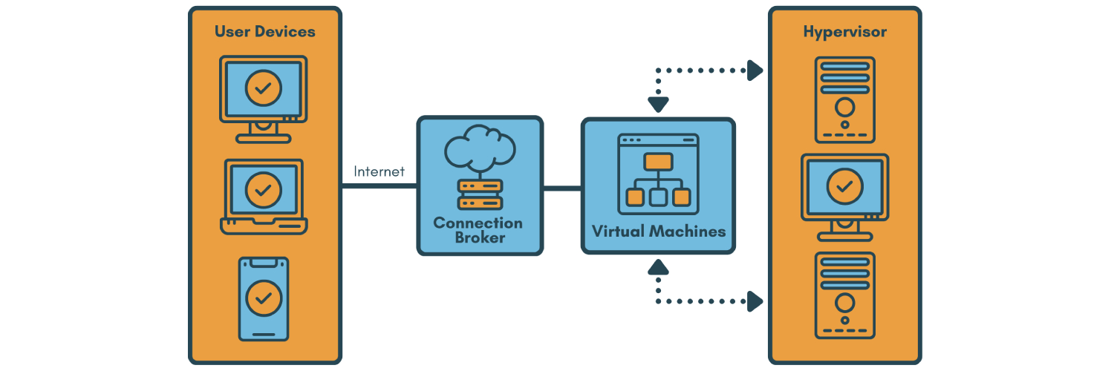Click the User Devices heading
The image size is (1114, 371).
pyautogui.click(x=264, y=32)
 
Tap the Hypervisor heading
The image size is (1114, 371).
pyautogui.click(x=844, y=32)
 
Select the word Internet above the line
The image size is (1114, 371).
pyautogui.click(x=379, y=171)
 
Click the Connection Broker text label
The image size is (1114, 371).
pyautogui.click(x=478, y=230)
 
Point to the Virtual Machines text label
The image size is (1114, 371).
pyautogui.click(x=658, y=231)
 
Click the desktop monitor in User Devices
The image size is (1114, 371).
pyautogui.click(x=264, y=97)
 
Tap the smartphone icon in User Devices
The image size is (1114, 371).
pyautogui.click(x=264, y=298)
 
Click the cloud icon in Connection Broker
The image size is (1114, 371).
pyautogui.click(x=480, y=148)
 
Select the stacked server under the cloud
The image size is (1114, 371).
pyautogui.click(x=480, y=194)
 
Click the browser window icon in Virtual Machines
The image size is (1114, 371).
pyautogui.click(x=658, y=174)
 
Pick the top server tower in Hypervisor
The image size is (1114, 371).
pyautogui.click(x=844, y=99)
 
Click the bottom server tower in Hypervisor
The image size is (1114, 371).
pyautogui.click(x=844, y=295)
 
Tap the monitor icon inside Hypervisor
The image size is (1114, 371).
pyautogui.click(x=844, y=195)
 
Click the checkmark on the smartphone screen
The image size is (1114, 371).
pyautogui.click(x=264, y=298)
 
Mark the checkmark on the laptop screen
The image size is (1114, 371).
pyautogui.click(x=264, y=190)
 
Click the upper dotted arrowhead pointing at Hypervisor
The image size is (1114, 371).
pyautogui.click(x=755, y=70)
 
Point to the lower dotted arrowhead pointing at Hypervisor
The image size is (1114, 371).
pyautogui.click(x=755, y=301)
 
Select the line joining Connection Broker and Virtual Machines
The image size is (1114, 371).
pyautogui.click(x=561, y=188)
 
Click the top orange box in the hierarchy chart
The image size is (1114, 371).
pyautogui.click(x=658, y=161)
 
